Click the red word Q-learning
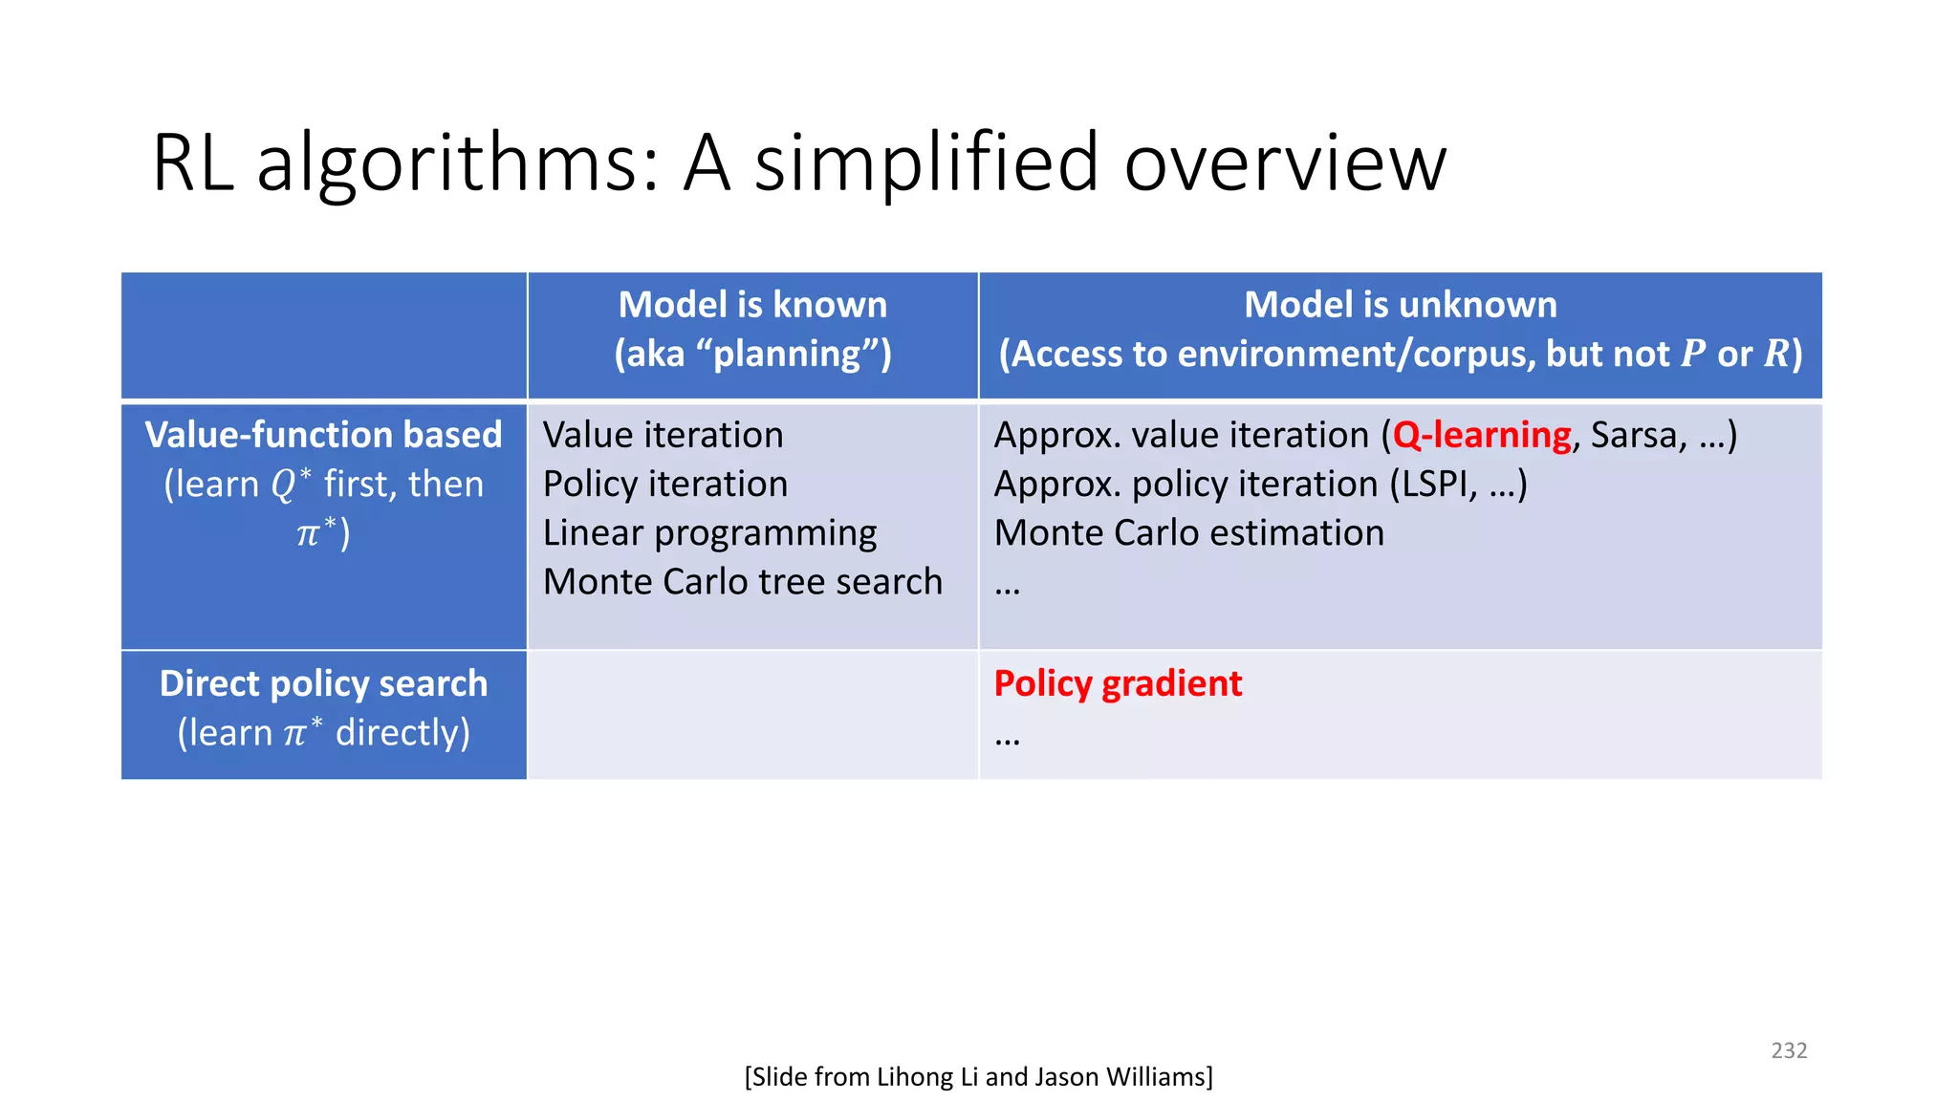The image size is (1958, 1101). (1481, 436)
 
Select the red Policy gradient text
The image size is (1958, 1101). (1117, 684)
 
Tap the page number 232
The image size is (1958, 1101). (1788, 1050)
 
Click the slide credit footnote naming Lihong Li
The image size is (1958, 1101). (978, 1077)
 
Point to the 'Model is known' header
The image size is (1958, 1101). (752, 305)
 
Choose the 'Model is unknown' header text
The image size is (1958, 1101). (1400, 305)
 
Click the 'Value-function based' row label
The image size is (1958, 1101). (323, 436)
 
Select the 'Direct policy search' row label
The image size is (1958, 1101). (323, 684)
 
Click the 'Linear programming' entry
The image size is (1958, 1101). (709, 533)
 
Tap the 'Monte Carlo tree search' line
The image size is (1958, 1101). (742, 582)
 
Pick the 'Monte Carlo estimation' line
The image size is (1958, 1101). (1188, 533)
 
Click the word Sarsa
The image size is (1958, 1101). (1633, 436)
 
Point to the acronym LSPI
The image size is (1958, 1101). (1432, 485)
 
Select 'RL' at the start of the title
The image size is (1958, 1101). (192, 162)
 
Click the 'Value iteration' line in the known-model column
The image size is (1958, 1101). (663, 436)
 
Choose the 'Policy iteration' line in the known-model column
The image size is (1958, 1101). (664, 485)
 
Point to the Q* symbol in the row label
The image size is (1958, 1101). (291, 483)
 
